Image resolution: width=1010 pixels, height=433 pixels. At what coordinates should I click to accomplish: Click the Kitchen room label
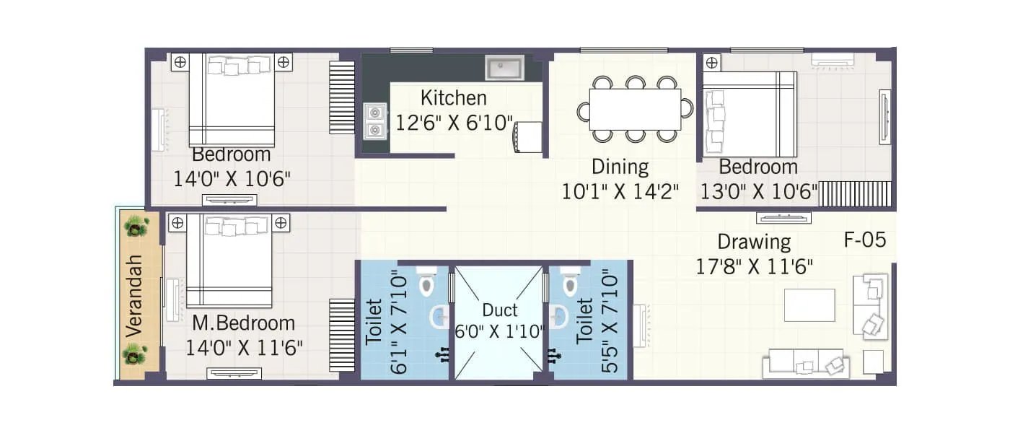coord(453,97)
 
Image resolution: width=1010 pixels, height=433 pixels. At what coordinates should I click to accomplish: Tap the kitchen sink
coord(504,69)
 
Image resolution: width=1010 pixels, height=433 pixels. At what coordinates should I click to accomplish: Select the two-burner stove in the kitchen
coord(374,121)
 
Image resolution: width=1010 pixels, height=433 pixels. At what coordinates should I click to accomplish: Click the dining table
coord(635,109)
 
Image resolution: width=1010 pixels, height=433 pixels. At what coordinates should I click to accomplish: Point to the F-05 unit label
coord(864,240)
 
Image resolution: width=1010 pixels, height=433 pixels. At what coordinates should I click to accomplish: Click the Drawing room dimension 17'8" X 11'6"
coord(754,267)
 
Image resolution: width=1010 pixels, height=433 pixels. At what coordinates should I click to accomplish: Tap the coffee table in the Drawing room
coord(809,305)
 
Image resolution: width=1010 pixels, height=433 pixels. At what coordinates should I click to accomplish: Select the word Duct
coord(500,310)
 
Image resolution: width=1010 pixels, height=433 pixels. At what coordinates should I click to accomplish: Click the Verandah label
coord(133,297)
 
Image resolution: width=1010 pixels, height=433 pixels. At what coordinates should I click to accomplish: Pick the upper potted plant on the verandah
coord(136,227)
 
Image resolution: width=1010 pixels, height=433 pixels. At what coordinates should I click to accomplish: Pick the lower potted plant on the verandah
coord(135,354)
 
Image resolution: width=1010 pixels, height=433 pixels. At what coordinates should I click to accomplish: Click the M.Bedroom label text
coord(243,323)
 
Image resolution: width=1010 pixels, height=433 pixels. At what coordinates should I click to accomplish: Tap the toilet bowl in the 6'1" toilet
coord(426,284)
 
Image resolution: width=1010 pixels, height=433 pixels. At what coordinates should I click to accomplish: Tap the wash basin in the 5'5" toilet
coord(559,316)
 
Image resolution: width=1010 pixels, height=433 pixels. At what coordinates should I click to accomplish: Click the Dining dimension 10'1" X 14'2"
coord(620,192)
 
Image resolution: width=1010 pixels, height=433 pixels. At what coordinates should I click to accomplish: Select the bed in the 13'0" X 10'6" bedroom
coord(750,114)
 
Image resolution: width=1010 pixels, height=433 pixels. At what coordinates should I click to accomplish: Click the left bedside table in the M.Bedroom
coord(175,223)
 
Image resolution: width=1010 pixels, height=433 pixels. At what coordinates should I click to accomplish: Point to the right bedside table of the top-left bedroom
coord(284,61)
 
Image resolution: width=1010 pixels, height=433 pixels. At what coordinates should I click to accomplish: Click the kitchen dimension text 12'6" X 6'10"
coord(454,122)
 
